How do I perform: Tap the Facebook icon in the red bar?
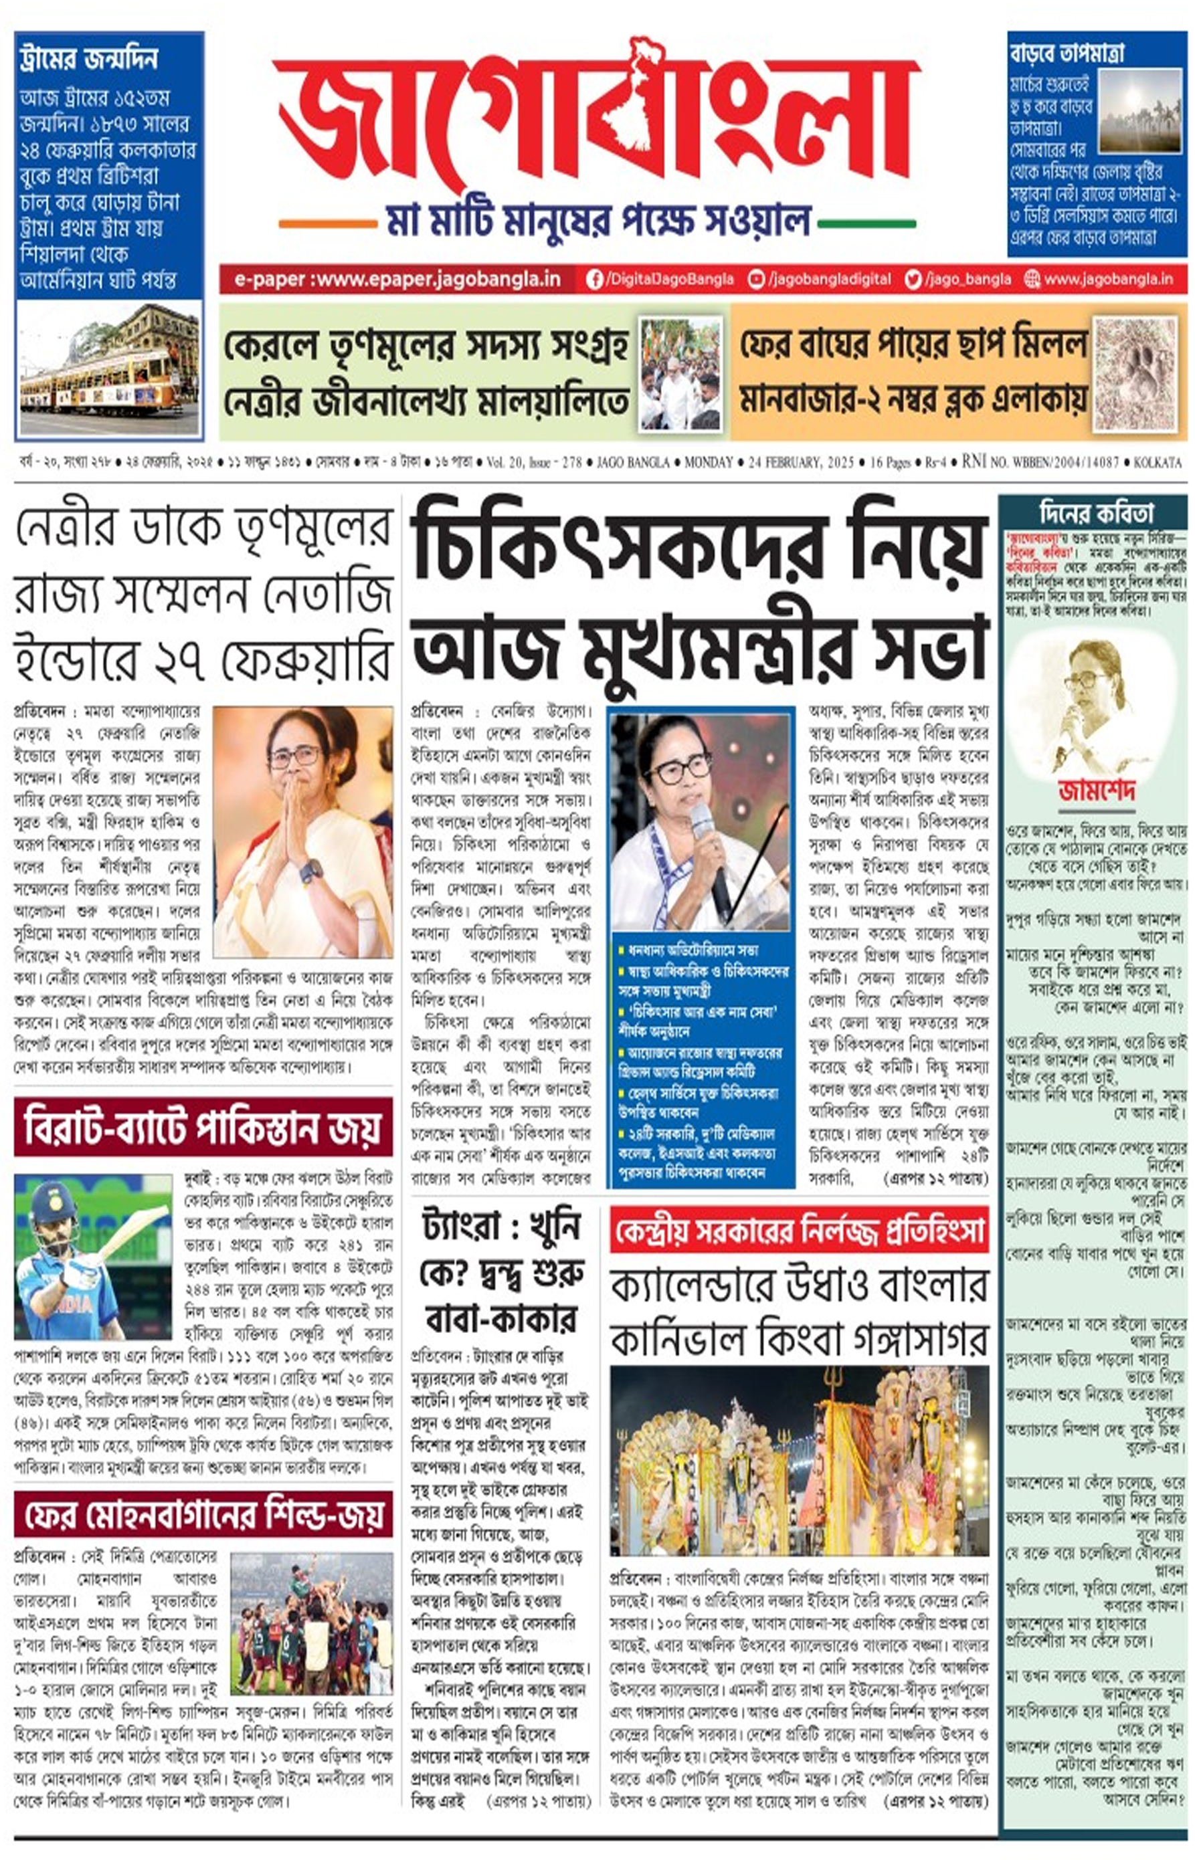click(594, 279)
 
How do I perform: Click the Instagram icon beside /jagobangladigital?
click(756, 279)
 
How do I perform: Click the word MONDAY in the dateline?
click(709, 462)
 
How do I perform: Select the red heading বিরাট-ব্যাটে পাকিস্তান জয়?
click(203, 1127)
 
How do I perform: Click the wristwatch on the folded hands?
click(311, 871)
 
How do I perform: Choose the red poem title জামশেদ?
click(1097, 792)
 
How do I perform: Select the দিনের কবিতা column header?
click(1096, 513)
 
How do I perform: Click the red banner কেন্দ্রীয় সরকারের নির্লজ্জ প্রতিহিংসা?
click(800, 1229)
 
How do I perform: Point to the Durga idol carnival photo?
click(800, 1460)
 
